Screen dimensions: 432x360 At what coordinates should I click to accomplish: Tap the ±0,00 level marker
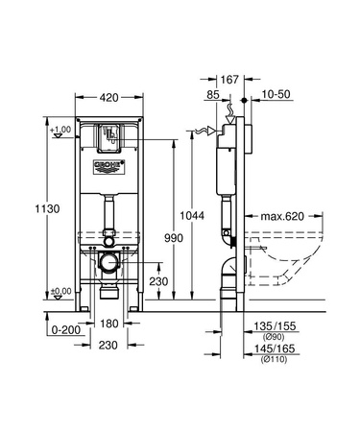click(61, 291)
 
